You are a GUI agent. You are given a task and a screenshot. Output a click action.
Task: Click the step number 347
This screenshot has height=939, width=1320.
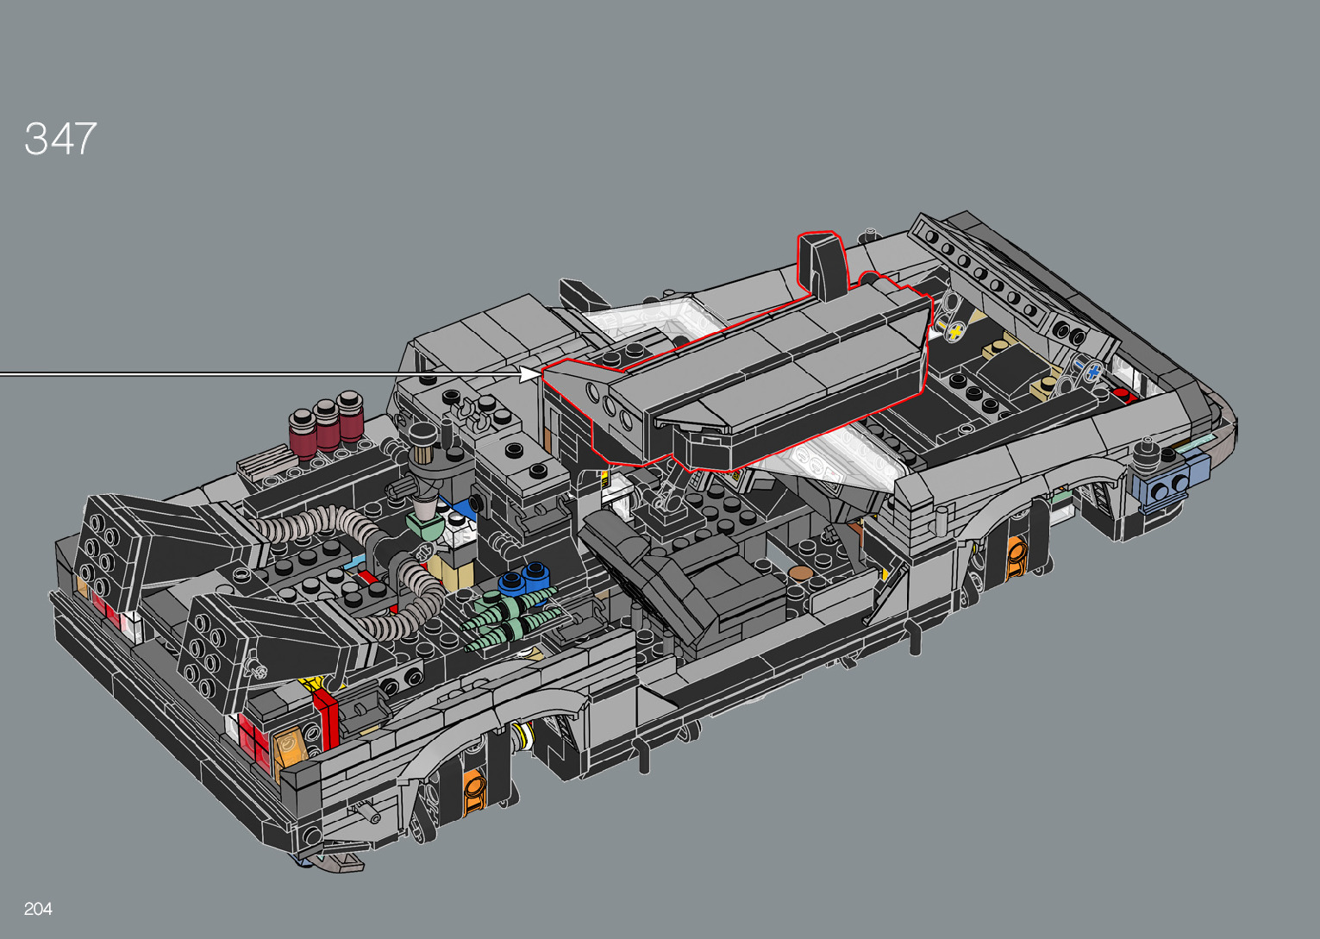tap(60, 139)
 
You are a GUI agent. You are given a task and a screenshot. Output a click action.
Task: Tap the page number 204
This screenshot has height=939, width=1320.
tap(38, 909)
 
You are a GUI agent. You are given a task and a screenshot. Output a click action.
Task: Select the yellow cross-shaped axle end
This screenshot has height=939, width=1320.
tap(956, 332)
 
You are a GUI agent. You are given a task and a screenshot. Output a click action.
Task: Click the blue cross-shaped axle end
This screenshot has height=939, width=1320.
tap(1093, 372)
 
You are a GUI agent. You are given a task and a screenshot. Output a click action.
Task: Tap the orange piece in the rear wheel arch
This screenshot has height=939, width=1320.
tap(474, 792)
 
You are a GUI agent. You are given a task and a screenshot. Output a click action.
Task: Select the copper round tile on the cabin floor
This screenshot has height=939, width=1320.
tap(800, 573)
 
